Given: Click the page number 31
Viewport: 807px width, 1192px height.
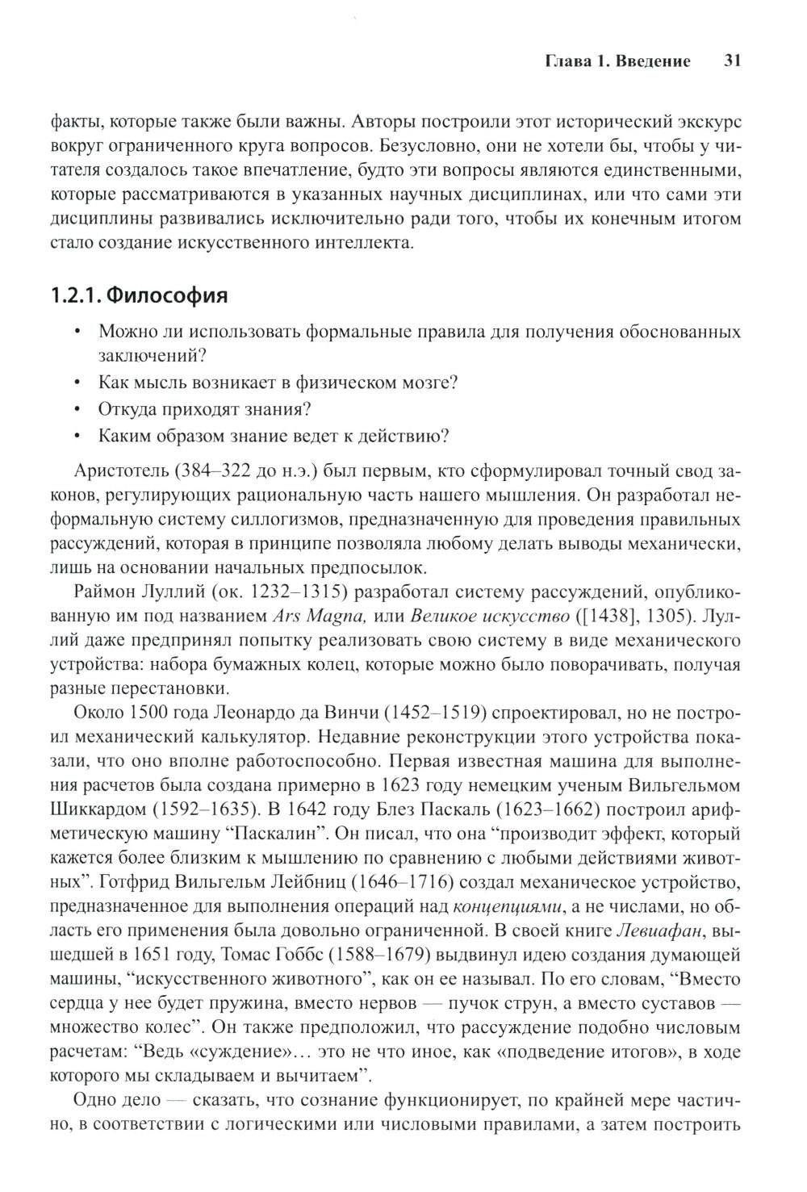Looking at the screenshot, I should [x=733, y=61].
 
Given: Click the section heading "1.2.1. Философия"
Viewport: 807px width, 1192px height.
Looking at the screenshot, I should [x=139, y=295].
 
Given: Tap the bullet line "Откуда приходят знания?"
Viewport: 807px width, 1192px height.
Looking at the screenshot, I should [x=204, y=408].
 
